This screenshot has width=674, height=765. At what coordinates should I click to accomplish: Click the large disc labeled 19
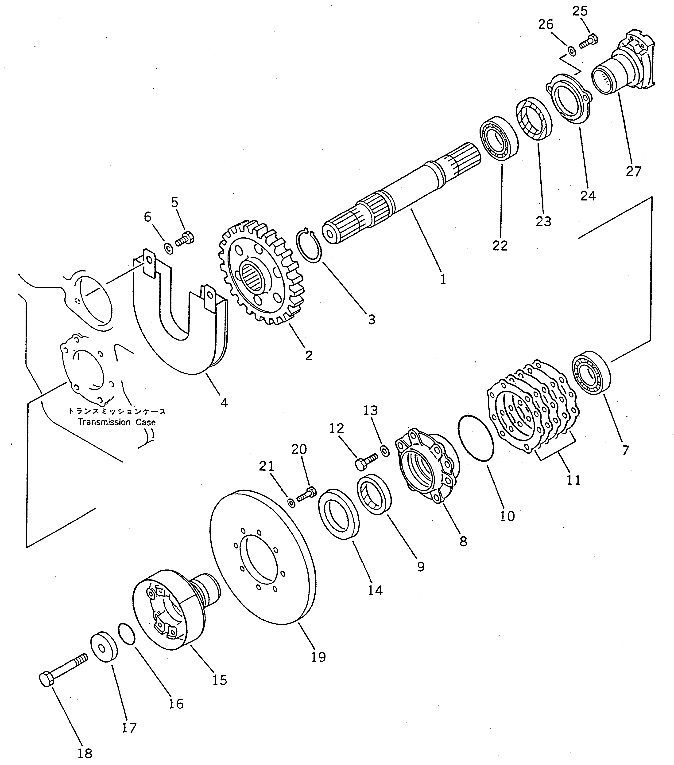coord(262,558)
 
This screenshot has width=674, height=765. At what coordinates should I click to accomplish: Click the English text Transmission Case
coord(116,422)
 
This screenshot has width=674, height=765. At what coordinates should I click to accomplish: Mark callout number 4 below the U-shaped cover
coord(224,403)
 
